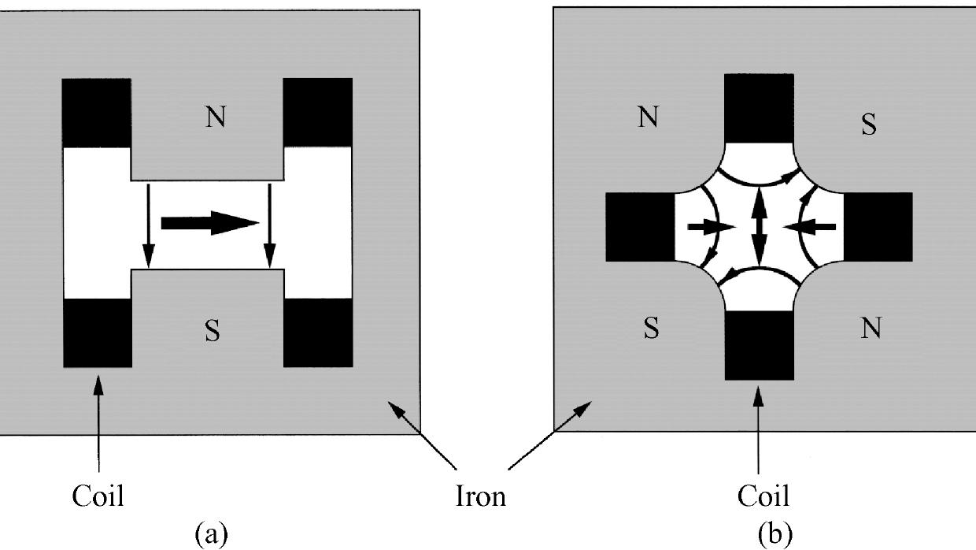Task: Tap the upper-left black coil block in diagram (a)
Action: (96, 113)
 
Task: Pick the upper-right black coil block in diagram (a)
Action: (317, 113)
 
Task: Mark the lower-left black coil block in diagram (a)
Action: (96, 333)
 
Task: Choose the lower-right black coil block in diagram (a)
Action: (317, 333)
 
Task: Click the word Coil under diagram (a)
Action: (98, 496)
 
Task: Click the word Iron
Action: (480, 496)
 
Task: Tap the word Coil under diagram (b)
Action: (763, 496)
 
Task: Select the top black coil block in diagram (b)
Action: (758, 109)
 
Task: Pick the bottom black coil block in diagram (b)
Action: (758, 344)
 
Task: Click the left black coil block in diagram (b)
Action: (640, 227)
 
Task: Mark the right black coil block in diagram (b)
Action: (878, 227)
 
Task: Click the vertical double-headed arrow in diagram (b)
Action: (758, 226)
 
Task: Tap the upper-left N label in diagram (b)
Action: (647, 118)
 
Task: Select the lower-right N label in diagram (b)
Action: (871, 329)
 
